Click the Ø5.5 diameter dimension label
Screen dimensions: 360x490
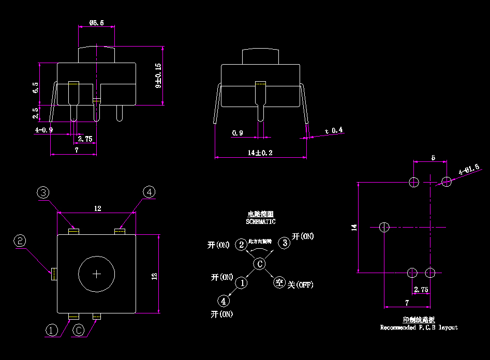(97, 23)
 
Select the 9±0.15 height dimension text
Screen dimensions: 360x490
(158, 76)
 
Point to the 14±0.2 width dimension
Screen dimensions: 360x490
(260, 153)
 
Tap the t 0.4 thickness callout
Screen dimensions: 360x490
(334, 130)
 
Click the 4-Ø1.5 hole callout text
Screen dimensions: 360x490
(469, 169)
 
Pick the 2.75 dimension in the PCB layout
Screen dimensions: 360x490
(421, 290)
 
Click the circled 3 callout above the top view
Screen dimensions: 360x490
(43, 192)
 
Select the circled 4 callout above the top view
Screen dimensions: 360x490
(149, 192)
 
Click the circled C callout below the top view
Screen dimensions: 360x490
(78, 330)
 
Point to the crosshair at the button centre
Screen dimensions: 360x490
(97, 274)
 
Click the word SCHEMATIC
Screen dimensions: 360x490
(261, 221)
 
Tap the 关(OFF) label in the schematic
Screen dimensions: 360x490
(300, 284)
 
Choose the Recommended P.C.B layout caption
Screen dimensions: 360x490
(419, 327)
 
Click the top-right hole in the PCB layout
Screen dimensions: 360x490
(447, 182)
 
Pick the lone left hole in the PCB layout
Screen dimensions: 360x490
(384, 227)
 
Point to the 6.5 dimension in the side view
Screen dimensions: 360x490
(35, 87)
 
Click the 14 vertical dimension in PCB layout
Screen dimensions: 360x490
(354, 227)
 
